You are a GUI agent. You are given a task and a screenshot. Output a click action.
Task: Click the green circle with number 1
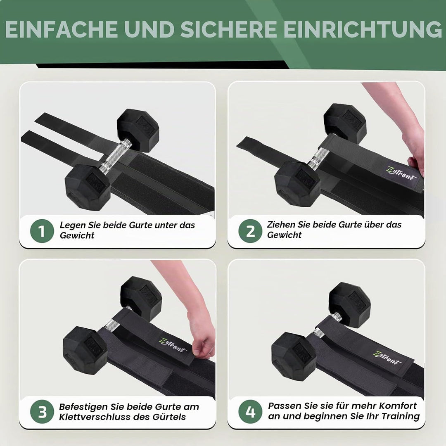(x=42, y=231)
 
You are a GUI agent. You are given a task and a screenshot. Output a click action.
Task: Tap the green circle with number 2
(x=250, y=231)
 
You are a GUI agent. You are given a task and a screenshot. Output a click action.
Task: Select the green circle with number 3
(x=42, y=412)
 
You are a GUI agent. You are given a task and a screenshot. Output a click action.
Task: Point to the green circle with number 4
(x=250, y=412)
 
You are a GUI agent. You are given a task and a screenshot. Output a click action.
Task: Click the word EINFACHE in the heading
(x=61, y=29)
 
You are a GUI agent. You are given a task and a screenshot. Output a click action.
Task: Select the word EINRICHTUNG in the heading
(x=363, y=29)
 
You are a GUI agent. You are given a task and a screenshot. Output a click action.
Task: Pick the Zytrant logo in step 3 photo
(x=172, y=345)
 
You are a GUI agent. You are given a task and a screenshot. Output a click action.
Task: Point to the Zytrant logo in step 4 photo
(x=387, y=358)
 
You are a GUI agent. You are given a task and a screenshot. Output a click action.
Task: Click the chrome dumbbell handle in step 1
(x=116, y=155)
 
